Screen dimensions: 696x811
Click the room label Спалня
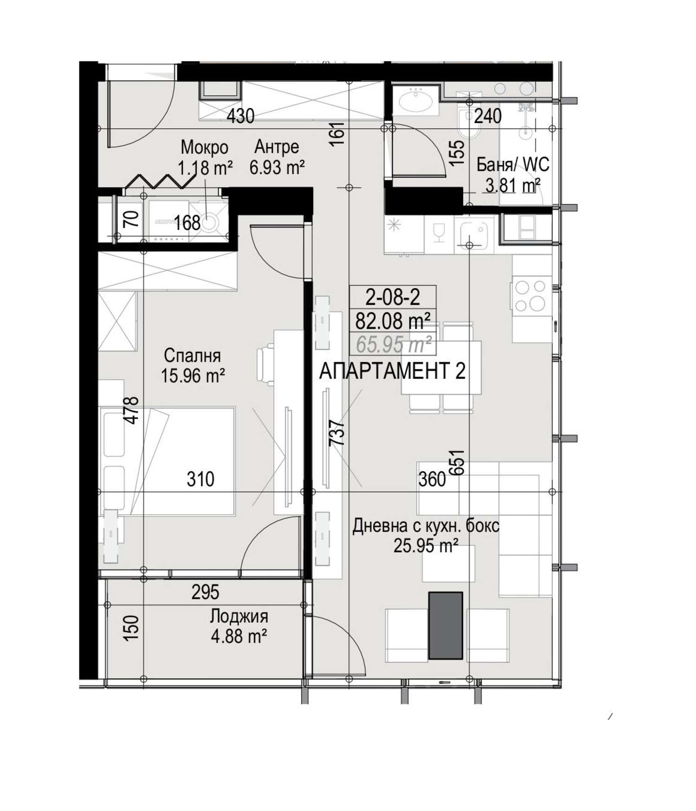tap(192, 356)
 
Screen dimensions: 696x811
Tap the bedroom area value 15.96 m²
tap(193, 376)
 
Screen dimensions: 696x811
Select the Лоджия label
tap(239, 616)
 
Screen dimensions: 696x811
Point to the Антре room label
tap(277, 147)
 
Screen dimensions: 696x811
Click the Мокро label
tap(205, 148)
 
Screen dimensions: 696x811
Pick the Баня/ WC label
tap(513, 165)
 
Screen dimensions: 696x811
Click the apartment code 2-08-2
tap(393, 297)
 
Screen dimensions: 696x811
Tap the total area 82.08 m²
tap(393, 320)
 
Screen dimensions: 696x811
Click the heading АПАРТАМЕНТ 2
tap(392, 371)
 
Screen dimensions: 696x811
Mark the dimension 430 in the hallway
tap(240, 116)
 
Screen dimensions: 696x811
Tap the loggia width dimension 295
tap(206, 592)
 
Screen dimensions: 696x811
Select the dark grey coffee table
tap(445, 625)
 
